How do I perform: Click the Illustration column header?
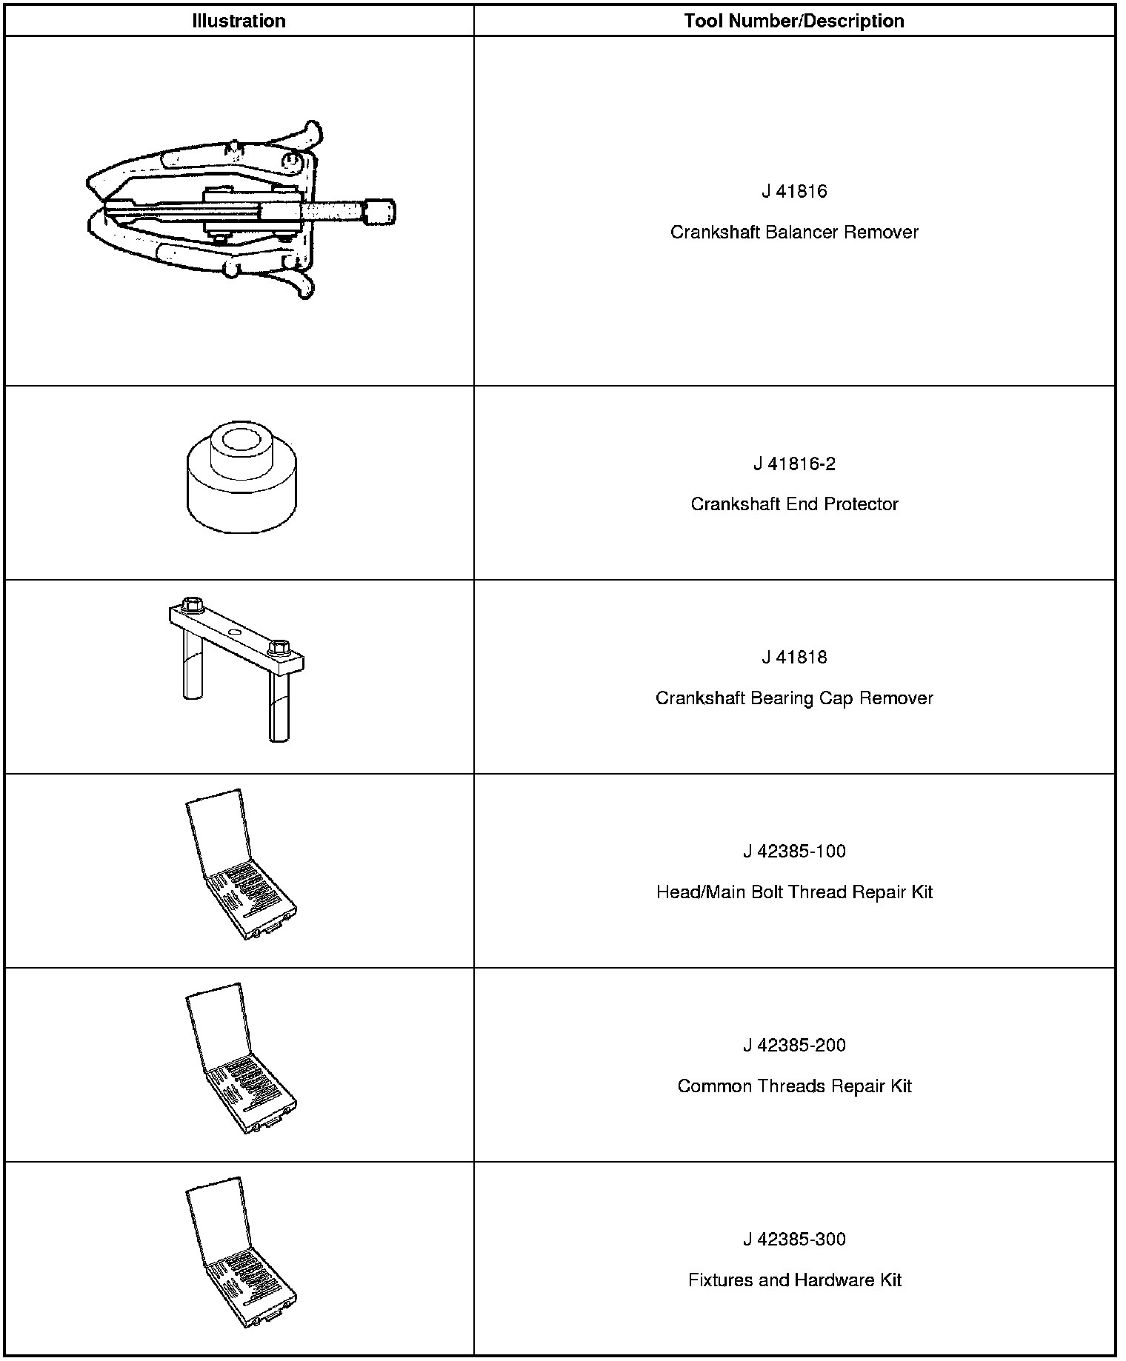239,21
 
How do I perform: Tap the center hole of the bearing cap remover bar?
235,632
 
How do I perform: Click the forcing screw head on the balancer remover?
381,211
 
